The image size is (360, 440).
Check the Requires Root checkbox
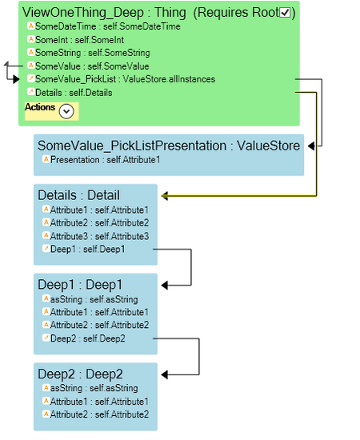(x=285, y=13)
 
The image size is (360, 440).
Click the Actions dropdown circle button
(x=66, y=111)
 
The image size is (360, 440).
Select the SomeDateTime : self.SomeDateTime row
(x=104, y=26)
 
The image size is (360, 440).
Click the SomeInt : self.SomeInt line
(x=76, y=40)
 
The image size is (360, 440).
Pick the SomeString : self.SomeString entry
(x=89, y=53)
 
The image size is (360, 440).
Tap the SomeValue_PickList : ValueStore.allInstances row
(x=122, y=79)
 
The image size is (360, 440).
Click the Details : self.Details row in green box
(x=70, y=93)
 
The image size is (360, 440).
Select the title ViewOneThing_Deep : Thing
(x=104, y=13)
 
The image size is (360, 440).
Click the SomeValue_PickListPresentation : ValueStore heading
(x=169, y=146)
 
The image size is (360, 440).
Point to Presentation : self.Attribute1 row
(x=102, y=160)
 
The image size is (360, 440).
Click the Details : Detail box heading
(x=79, y=195)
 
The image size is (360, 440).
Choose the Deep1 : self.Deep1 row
(x=84, y=249)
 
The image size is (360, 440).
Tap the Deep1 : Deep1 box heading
(x=80, y=285)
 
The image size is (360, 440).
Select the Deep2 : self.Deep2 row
(x=84, y=338)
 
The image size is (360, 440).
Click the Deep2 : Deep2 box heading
(x=80, y=374)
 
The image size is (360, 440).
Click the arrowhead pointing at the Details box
(x=165, y=196)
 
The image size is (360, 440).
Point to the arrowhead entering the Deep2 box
(x=165, y=374)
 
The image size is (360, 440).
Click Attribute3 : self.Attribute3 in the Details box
(x=96, y=236)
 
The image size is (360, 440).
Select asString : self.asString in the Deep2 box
(x=90, y=388)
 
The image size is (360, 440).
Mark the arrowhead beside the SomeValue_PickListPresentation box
(x=311, y=146)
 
